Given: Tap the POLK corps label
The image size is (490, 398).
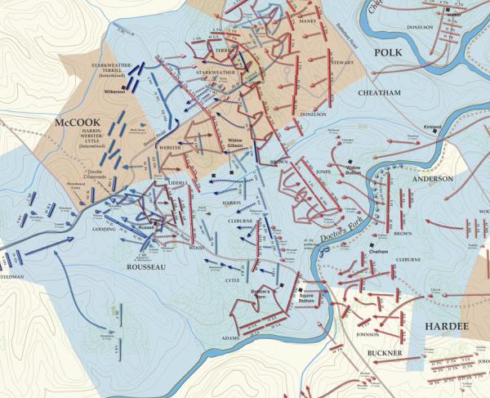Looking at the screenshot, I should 389,53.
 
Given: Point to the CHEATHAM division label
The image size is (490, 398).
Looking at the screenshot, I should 380,93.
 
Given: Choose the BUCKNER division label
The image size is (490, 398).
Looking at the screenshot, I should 382,353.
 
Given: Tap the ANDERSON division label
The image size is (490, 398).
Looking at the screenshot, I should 433,178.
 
